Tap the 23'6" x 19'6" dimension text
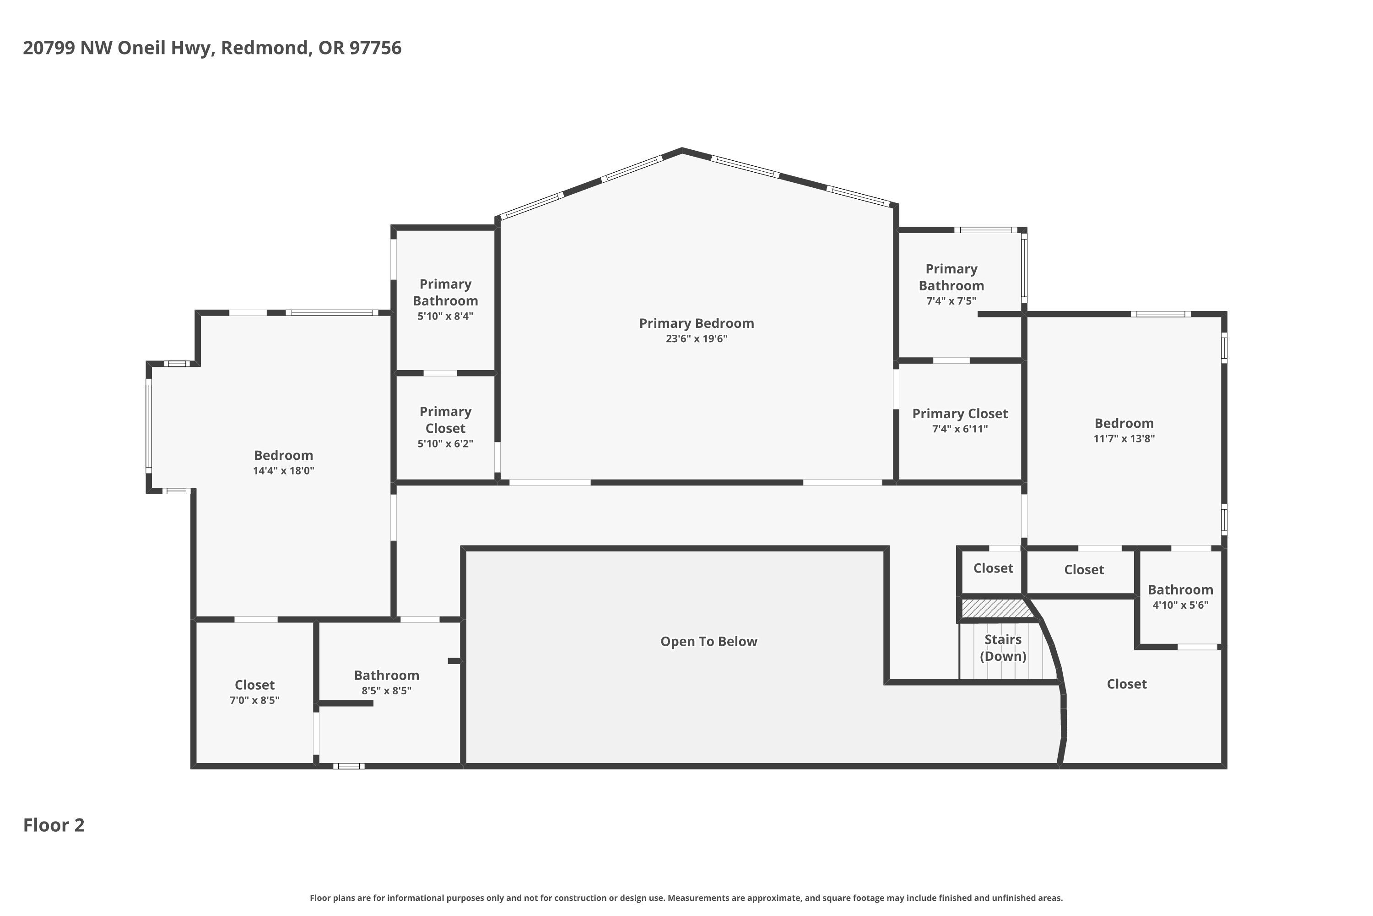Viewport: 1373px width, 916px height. pyautogui.click(x=697, y=339)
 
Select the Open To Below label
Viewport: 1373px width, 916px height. pyautogui.click(x=708, y=642)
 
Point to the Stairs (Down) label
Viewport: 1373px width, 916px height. pyautogui.click(x=1003, y=647)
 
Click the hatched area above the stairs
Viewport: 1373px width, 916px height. pyautogui.click(x=994, y=608)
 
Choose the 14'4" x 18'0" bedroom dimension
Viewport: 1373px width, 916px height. pyautogui.click(x=284, y=471)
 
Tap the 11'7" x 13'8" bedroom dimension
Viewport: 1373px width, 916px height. pyautogui.click(x=1124, y=439)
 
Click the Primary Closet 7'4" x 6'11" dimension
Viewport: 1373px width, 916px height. pyautogui.click(x=960, y=429)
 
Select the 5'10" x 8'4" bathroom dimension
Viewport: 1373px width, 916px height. pyautogui.click(x=445, y=316)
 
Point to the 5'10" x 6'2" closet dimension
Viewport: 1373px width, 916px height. pyautogui.click(x=445, y=443)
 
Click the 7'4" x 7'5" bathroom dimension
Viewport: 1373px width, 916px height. pyautogui.click(x=951, y=301)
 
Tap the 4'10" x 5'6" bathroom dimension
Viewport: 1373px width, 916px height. pyautogui.click(x=1180, y=605)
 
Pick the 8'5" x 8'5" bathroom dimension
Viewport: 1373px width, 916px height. pyautogui.click(x=386, y=691)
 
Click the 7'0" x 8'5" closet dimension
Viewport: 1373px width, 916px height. pyautogui.click(x=254, y=700)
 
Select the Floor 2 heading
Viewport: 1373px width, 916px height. pyautogui.click(x=54, y=825)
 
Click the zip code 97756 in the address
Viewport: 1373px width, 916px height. pyautogui.click(x=375, y=48)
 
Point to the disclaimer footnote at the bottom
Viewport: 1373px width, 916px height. pyautogui.click(x=686, y=898)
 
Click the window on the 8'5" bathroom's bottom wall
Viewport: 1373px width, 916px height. pyautogui.click(x=349, y=766)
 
